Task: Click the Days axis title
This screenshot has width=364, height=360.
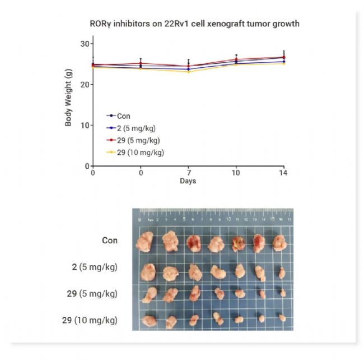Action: [188, 181]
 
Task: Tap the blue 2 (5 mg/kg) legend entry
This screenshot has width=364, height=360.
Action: [137, 128]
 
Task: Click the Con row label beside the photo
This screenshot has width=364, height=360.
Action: [110, 241]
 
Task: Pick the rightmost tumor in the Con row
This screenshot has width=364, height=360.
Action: [278, 243]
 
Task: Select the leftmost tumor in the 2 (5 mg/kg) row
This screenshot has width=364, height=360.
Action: [147, 272]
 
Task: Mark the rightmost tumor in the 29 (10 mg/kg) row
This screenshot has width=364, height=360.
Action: [282, 318]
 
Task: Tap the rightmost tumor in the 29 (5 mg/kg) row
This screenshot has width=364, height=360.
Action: [282, 292]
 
